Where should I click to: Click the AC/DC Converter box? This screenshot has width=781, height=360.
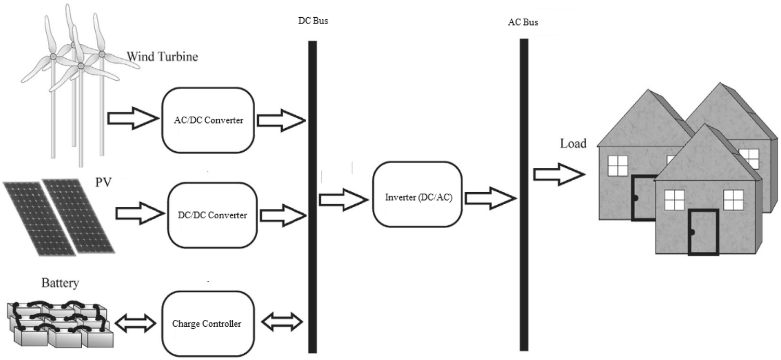tap(208, 120)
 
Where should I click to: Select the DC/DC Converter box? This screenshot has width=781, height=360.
tap(213, 215)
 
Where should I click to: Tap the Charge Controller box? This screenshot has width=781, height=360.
tap(207, 324)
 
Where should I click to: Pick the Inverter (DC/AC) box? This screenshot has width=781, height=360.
tap(418, 198)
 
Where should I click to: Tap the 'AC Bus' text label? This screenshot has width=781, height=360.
tap(523, 23)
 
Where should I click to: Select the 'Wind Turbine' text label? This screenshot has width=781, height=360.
tap(162, 57)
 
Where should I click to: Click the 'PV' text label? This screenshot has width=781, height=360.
tap(104, 184)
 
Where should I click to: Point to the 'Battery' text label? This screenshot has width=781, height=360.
tap(60, 283)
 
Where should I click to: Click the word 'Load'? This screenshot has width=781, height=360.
tap(573, 143)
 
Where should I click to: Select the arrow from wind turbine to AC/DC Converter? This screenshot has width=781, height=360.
tap(132, 119)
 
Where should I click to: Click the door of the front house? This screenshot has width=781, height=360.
tap(703, 232)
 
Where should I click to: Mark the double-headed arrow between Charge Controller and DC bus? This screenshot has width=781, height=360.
tap(281, 322)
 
